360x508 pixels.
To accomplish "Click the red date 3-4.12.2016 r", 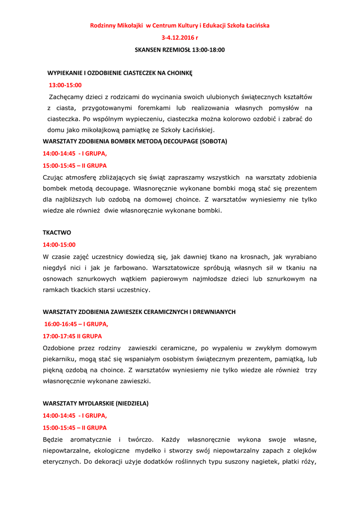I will click(x=179, y=37).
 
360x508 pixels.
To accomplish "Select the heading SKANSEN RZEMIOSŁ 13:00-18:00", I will click(x=180, y=50).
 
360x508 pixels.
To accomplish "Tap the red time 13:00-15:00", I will click(x=65, y=85).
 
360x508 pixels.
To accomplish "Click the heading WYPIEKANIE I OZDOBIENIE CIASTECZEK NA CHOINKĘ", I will click(x=120, y=73).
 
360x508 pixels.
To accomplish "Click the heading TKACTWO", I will click(x=57, y=232).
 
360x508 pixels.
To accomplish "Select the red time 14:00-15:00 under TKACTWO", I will click(x=59, y=245).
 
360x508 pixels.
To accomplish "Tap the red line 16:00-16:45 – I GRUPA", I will click(x=76, y=324).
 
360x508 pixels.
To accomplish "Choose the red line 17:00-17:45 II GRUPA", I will click(x=72, y=336).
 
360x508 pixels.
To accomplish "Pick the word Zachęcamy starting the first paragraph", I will click(x=68, y=97).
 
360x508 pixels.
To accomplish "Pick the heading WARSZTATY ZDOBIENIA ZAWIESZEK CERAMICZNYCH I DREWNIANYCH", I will click(x=139, y=312).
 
